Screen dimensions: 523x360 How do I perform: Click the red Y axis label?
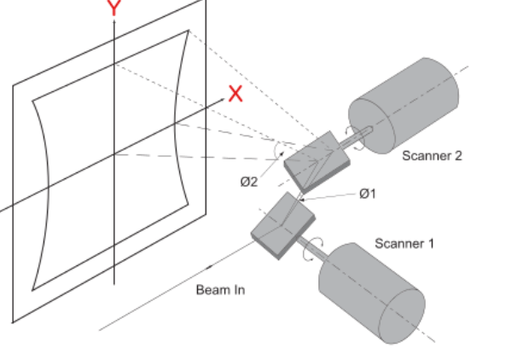click(x=114, y=8)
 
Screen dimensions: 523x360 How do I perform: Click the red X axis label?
click(x=235, y=94)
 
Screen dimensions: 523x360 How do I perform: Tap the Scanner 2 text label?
click(x=432, y=156)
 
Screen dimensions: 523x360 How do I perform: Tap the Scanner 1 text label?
click(x=404, y=244)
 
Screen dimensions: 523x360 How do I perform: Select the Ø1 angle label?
click(x=368, y=194)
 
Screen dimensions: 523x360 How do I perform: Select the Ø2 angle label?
click(x=249, y=182)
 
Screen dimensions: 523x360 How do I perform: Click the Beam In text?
click(x=220, y=289)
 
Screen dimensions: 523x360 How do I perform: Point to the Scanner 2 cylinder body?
click(x=404, y=106)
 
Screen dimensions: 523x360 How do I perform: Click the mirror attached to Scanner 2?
click(x=317, y=162)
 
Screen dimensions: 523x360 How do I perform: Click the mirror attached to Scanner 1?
click(x=283, y=225)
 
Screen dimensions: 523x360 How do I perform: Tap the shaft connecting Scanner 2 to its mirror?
click(x=355, y=137)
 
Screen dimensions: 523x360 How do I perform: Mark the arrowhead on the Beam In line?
click(x=210, y=266)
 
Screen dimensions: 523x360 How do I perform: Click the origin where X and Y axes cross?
click(x=114, y=154)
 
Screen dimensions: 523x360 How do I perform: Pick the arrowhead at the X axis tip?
click(x=222, y=100)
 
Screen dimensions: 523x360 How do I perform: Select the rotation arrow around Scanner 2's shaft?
click(x=354, y=137)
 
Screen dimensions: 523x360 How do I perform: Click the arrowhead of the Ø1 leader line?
click(x=302, y=200)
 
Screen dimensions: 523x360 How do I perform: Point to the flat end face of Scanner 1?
click(x=402, y=316)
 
